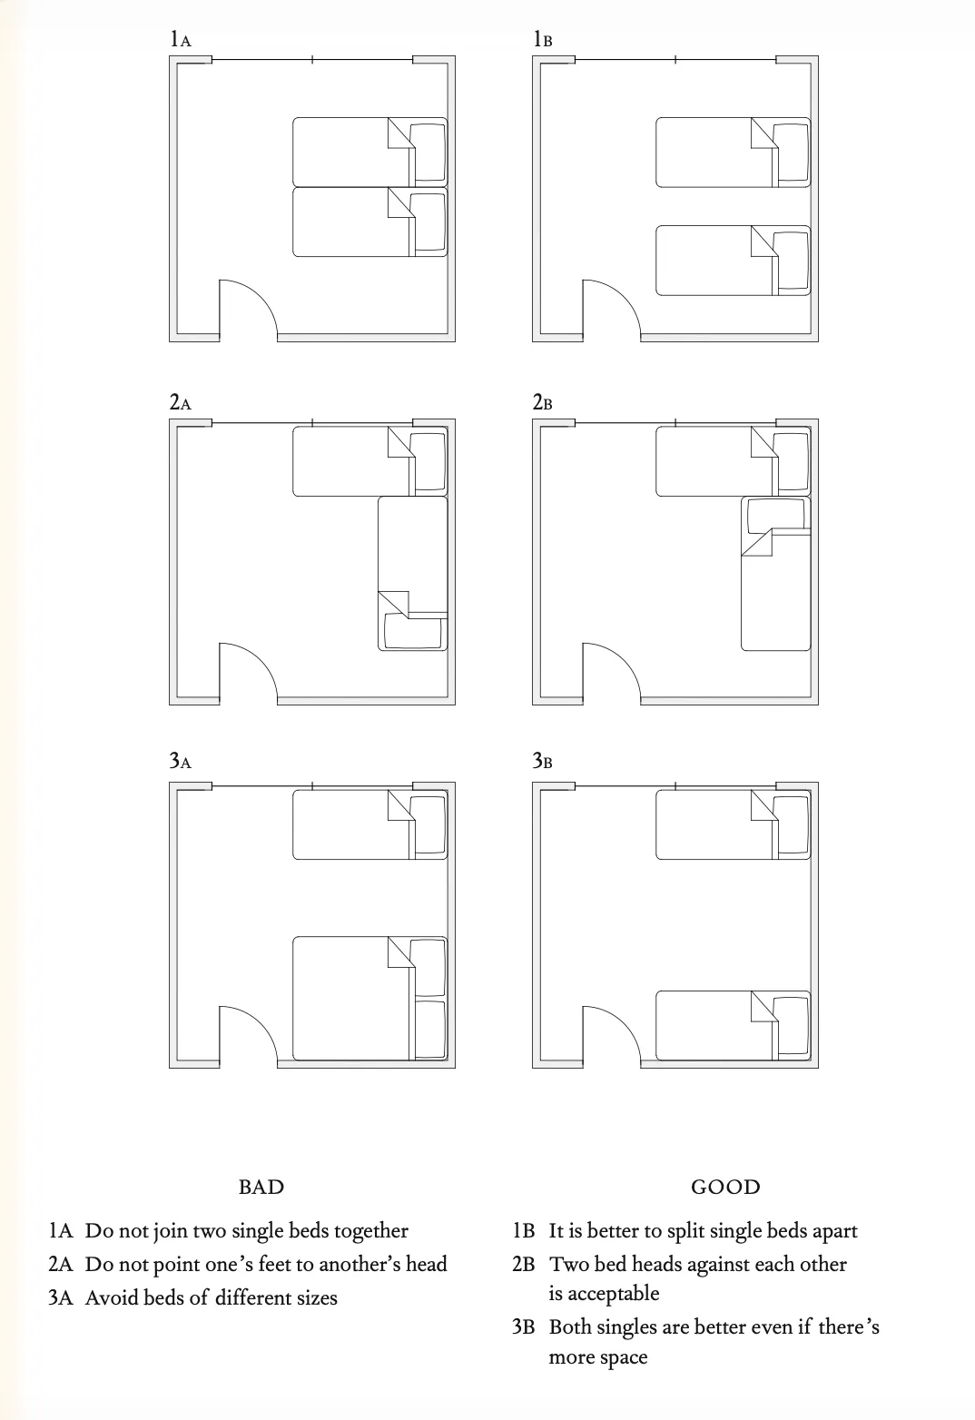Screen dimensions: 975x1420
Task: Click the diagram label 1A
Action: point(180,39)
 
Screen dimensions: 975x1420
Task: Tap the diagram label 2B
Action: point(542,402)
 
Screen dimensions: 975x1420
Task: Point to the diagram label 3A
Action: point(180,760)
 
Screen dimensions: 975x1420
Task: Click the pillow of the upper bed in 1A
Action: point(428,153)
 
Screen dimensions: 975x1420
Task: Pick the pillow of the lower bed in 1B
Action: point(791,261)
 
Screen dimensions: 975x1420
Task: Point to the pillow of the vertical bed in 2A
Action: point(413,631)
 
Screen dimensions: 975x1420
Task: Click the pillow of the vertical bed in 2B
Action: point(776,516)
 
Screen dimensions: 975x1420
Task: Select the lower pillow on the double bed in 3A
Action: point(428,1029)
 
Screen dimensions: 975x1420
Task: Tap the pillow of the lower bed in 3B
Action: point(791,1025)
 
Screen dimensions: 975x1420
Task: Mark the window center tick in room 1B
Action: point(675,60)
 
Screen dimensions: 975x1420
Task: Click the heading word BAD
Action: point(261,1187)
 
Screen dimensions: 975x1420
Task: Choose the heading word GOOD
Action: point(725,1187)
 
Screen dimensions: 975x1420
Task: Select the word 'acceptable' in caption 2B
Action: point(604,1293)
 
